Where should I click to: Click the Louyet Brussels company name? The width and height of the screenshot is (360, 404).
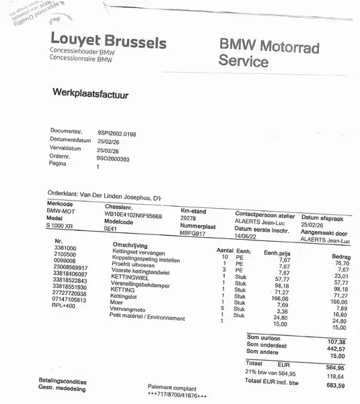[x=108, y=42]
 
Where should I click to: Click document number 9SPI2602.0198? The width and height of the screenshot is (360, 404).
[x=116, y=134]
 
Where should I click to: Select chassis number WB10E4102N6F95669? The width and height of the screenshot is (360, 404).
[x=133, y=216]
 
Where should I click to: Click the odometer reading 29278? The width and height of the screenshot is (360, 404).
[x=188, y=218]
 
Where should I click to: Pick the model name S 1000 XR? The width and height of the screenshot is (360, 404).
[x=63, y=224]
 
